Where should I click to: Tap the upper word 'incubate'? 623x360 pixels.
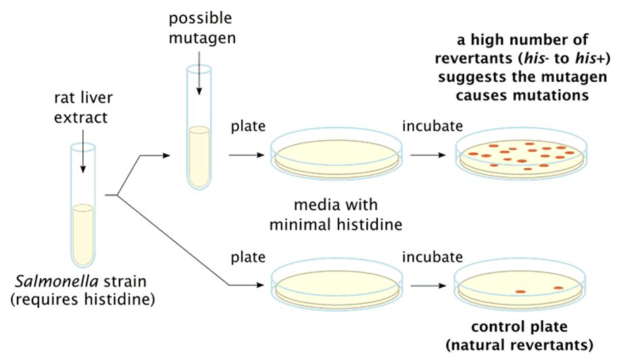coord(432,126)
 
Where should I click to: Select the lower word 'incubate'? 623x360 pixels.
coord(432,257)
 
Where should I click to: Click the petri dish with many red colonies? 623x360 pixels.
coord(520,155)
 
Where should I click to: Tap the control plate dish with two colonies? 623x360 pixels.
coord(520,286)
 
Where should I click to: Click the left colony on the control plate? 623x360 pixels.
coord(520,292)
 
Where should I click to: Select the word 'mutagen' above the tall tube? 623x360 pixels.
coord(212,38)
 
